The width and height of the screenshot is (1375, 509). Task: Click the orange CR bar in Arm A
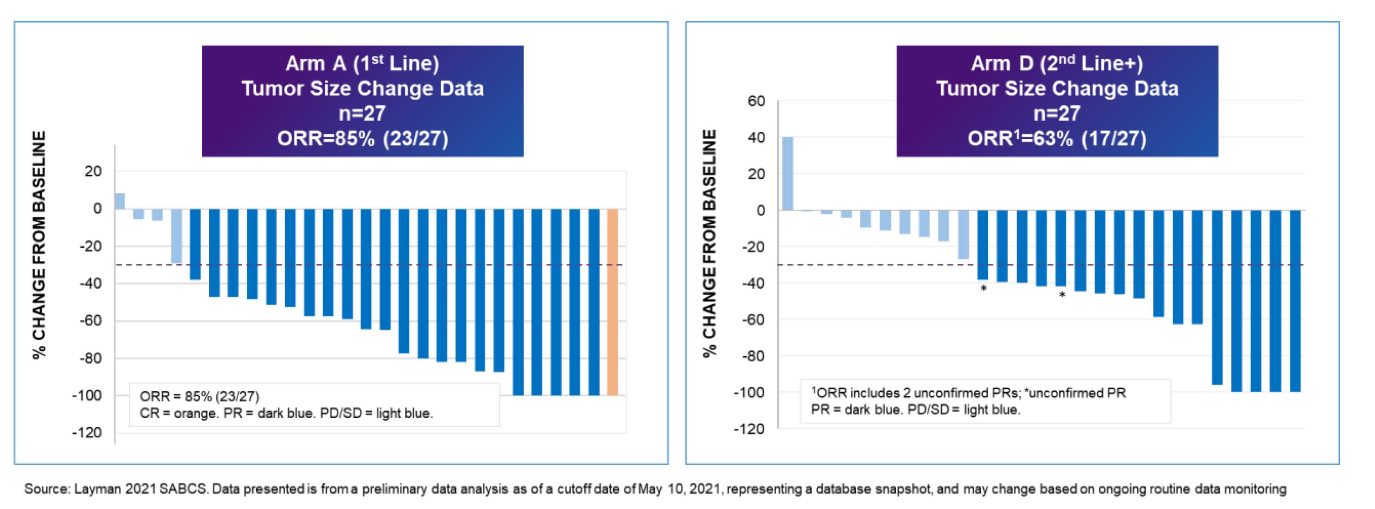[612, 302]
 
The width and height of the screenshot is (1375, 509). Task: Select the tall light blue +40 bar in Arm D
[787, 173]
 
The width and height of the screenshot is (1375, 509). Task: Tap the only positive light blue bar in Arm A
[120, 201]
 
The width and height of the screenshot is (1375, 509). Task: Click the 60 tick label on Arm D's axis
[756, 101]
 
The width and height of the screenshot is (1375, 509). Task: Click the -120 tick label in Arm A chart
[87, 433]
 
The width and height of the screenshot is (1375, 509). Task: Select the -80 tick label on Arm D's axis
[752, 356]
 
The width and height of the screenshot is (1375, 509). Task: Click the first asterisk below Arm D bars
[983, 289]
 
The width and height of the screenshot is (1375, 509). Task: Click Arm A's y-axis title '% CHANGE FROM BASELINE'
[40, 245]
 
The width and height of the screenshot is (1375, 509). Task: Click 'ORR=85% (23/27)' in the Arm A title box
[363, 139]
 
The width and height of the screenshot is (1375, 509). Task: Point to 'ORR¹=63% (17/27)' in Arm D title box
[1057, 139]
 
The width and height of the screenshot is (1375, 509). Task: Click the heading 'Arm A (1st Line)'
[363, 63]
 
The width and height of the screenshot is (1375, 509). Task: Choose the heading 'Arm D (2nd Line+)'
[1057, 63]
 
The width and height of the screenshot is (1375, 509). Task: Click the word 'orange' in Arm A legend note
[196, 414]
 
